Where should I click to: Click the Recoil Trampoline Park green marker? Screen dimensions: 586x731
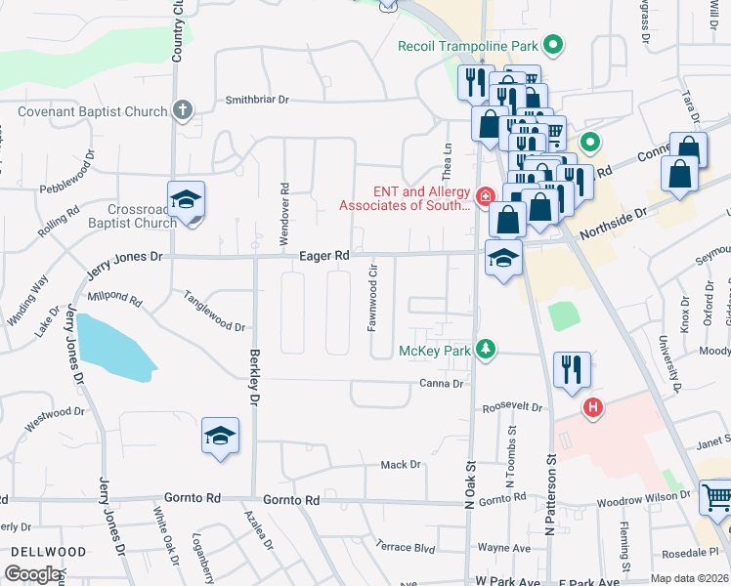tap(553, 45)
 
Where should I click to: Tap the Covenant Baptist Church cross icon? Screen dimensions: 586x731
tap(182, 109)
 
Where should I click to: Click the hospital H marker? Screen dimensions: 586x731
tap(591, 407)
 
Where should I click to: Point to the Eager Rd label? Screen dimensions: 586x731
tap(324, 256)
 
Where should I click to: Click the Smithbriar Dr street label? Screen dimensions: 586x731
tap(258, 100)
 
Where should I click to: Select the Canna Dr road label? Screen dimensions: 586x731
tap(442, 384)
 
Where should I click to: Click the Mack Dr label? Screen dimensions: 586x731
tap(401, 465)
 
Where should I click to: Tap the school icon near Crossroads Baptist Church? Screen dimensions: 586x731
tap(186, 200)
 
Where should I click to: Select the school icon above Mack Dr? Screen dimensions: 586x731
tap(221, 436)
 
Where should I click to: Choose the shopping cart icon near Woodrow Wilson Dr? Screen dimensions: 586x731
tap(716, 497)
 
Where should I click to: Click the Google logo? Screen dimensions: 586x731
tap(34, 574)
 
